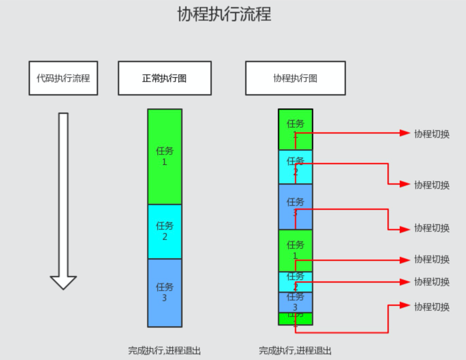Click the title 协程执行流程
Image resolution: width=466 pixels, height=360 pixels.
tap(224, 14)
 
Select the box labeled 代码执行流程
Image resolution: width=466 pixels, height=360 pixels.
tap(63, 78)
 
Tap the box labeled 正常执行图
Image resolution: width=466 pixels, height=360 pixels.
tap(165, 78)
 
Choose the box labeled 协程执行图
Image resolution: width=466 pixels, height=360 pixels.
tap(295, 78)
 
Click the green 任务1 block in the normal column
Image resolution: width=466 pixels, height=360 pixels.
tap(165, 156)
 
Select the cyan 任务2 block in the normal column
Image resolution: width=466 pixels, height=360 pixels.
tap(165, 231)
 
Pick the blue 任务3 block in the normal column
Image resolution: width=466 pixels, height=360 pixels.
tap(165, 292)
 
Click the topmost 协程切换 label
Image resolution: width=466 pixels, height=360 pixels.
tap(432, 134)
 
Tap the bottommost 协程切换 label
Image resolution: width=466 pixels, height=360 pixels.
tap(432, 306)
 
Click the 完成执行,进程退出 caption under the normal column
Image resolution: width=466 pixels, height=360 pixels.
tap(165, 350)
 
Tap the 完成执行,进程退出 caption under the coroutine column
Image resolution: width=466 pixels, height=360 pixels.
tap(295, 350)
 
